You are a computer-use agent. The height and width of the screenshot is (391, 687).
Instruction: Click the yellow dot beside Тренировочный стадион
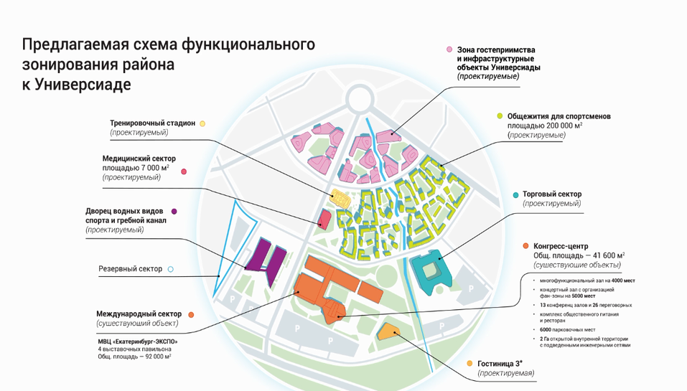click(202, 123)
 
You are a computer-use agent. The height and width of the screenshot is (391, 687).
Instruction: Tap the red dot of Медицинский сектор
click(184, 171)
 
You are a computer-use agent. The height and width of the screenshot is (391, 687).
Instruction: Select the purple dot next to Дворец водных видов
click(174, 211)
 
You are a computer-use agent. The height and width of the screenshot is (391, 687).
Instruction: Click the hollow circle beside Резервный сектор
click(170, 270)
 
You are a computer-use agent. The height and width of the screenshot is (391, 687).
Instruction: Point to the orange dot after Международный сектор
click(190, 314)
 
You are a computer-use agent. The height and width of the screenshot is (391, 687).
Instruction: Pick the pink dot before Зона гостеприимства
click(449, 50)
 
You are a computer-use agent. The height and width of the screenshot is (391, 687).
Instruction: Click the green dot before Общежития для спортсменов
click(499, 116)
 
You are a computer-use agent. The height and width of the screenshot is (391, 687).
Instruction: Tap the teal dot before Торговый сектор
click(515, 194)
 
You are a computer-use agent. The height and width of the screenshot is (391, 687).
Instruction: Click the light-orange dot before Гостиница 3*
click(469, 364)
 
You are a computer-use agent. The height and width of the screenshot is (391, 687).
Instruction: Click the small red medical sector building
click(324, 218)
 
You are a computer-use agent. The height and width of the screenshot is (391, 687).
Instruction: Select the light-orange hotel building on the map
click(388, 331)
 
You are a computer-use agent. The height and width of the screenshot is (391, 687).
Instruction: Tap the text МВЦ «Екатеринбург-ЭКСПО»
click(136, 341)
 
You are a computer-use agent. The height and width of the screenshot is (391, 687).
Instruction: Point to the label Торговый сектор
click(552, 194)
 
